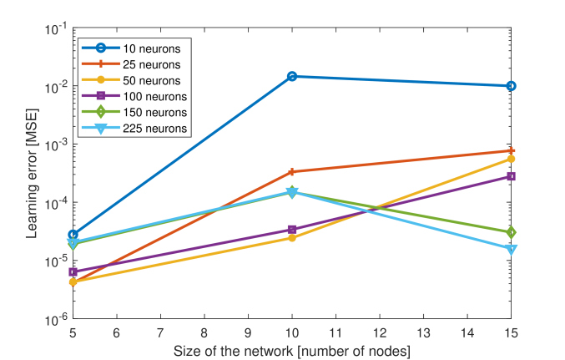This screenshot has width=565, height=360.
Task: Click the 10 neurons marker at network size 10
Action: coord(292,76)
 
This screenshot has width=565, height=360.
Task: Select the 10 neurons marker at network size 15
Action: coord(511,86)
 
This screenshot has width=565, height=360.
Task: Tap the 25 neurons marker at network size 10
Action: coord(292,172)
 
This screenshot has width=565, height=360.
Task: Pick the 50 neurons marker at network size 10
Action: coord(292,238)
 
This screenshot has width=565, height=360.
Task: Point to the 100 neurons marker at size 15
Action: coord(511,176)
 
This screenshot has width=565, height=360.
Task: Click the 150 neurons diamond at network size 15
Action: coord(511,232)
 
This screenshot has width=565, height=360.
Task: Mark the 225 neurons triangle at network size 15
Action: coord(511,249)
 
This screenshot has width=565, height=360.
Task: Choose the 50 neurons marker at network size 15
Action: coord(511,159)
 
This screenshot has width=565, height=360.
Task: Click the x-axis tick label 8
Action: coord(204,333)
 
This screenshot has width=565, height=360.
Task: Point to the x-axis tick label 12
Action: coord(380,333)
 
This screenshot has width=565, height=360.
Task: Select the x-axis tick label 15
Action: coord(511,333)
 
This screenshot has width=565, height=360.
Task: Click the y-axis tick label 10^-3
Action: coord(56,145)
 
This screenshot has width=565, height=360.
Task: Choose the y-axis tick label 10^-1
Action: coord(56,28)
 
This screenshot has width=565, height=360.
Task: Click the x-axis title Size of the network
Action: coord(291,350)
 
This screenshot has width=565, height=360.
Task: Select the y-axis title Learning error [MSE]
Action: coord(31,174)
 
